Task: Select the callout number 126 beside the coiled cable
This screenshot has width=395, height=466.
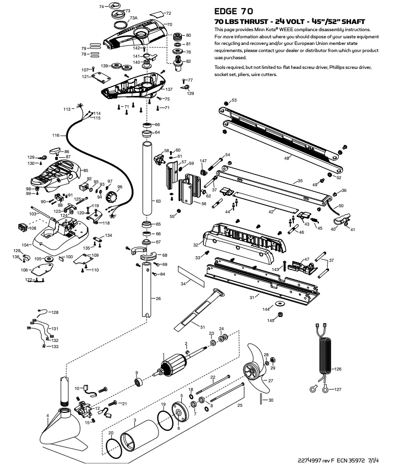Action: pos(337,369)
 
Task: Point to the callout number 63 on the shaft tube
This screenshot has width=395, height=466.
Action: pos(158,202)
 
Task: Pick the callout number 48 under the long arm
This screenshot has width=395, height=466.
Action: pos(287,158)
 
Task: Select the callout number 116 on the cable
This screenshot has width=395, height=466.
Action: pos(56,136)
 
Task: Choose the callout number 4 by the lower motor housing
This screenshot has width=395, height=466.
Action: pos(48,415)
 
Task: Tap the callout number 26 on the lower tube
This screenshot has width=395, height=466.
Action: pos(158,299)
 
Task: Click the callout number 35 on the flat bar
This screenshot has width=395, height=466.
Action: pos(300,181)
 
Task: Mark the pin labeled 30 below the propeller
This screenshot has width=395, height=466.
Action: pos(263,399)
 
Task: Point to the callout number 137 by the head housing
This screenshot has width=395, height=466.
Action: pos(169,89)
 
